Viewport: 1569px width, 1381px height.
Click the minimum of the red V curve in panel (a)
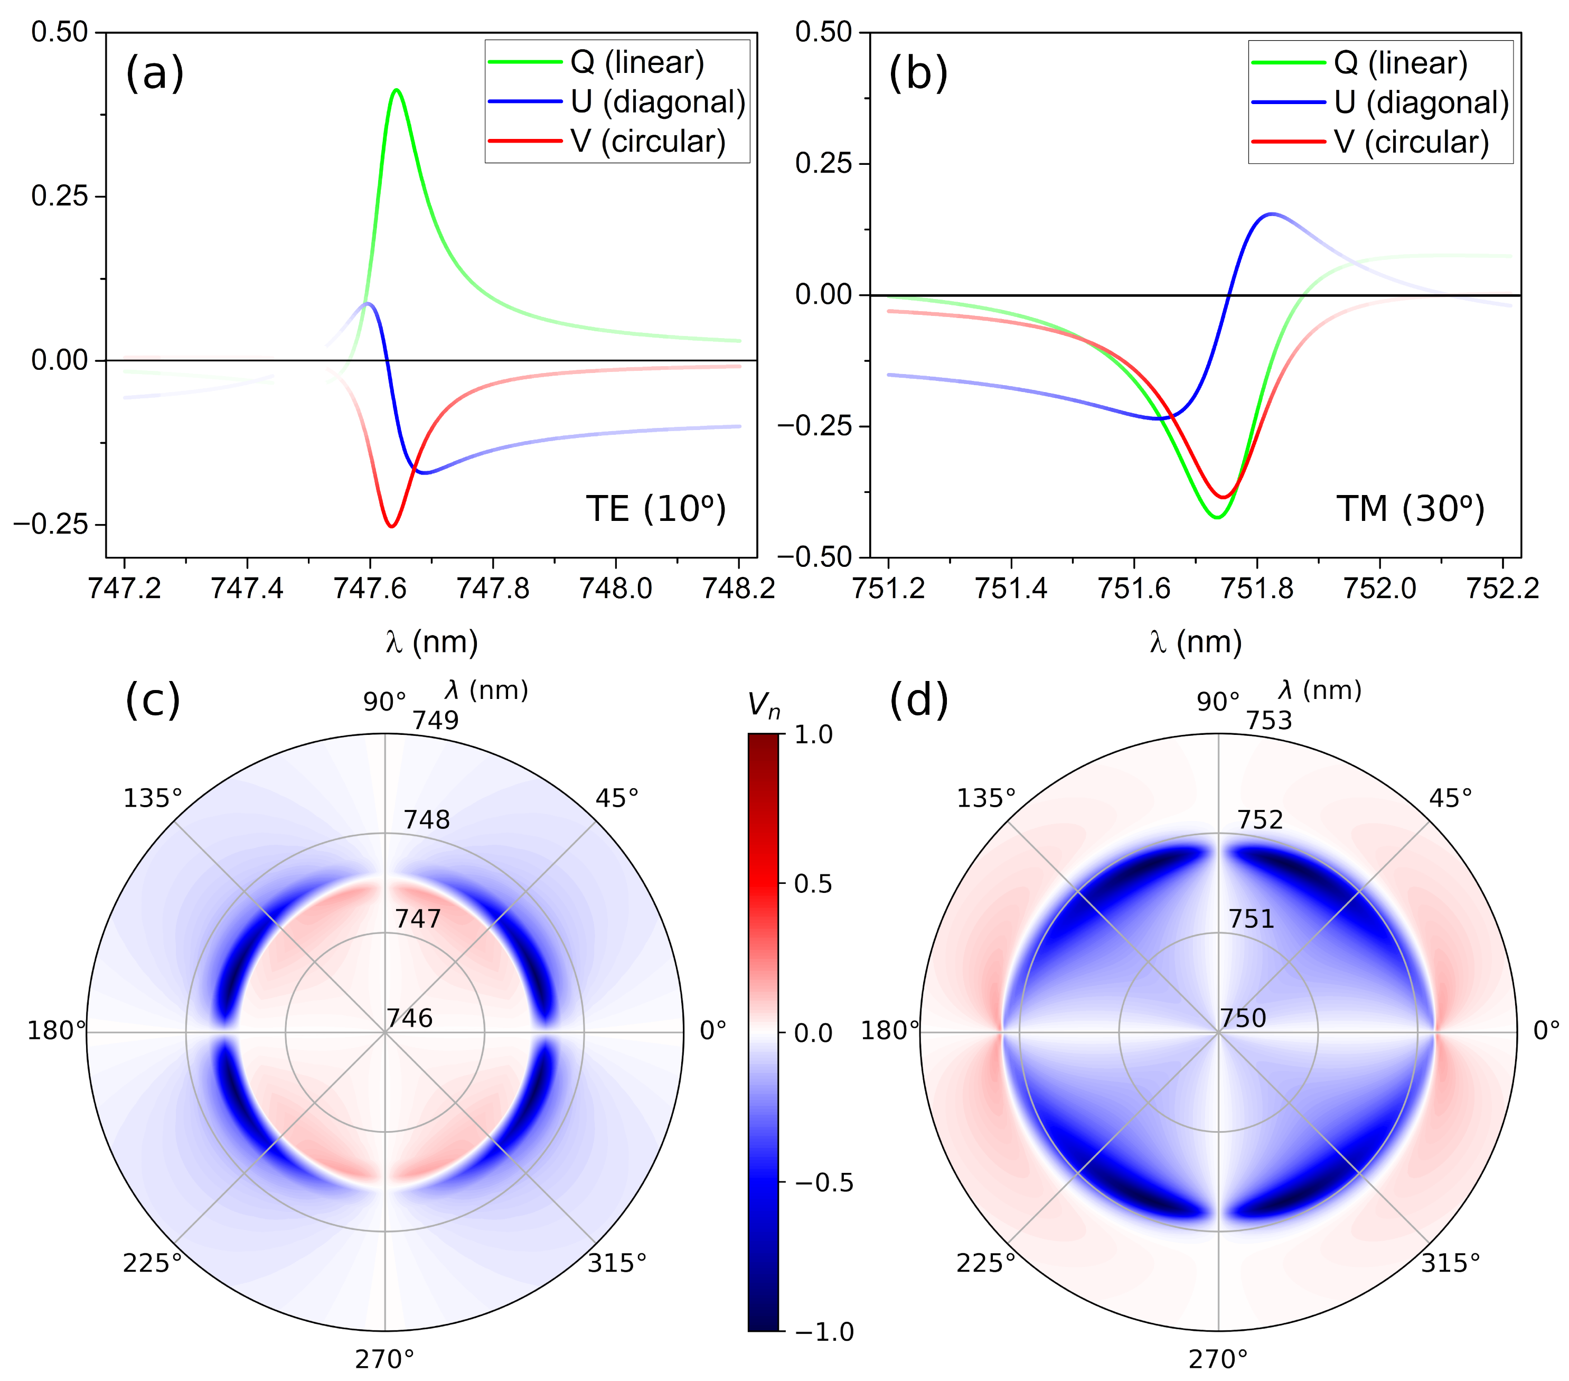tap(391, 526)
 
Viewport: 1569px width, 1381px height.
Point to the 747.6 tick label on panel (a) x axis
tap(370, 589)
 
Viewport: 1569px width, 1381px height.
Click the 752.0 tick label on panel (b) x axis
tap(1379, 589)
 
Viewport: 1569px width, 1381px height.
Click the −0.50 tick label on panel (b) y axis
tap(815, 557)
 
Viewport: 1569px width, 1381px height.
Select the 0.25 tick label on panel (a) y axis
tap(59, 196)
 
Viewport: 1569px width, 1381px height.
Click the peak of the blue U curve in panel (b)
tap(1272, 213)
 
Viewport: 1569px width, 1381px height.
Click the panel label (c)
tap(152, 699)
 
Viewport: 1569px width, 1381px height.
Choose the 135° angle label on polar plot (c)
tap(153, 798)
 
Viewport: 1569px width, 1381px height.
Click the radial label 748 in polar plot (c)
tap(427, 819)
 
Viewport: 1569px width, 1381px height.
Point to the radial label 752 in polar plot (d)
tap(1260, 819)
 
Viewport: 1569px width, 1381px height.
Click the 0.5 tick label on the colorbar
tap(812, 884)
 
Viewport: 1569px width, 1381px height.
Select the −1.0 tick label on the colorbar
tap(823, 1332)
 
